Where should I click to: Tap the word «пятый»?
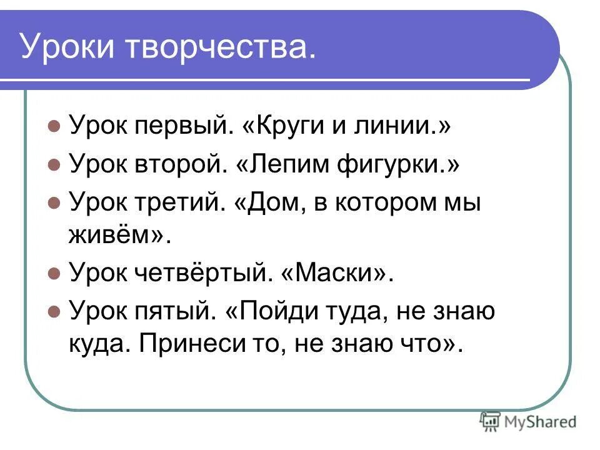click(172, 311)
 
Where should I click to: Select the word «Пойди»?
click(271, 311)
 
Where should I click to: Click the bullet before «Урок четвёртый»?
click(54, 274)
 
